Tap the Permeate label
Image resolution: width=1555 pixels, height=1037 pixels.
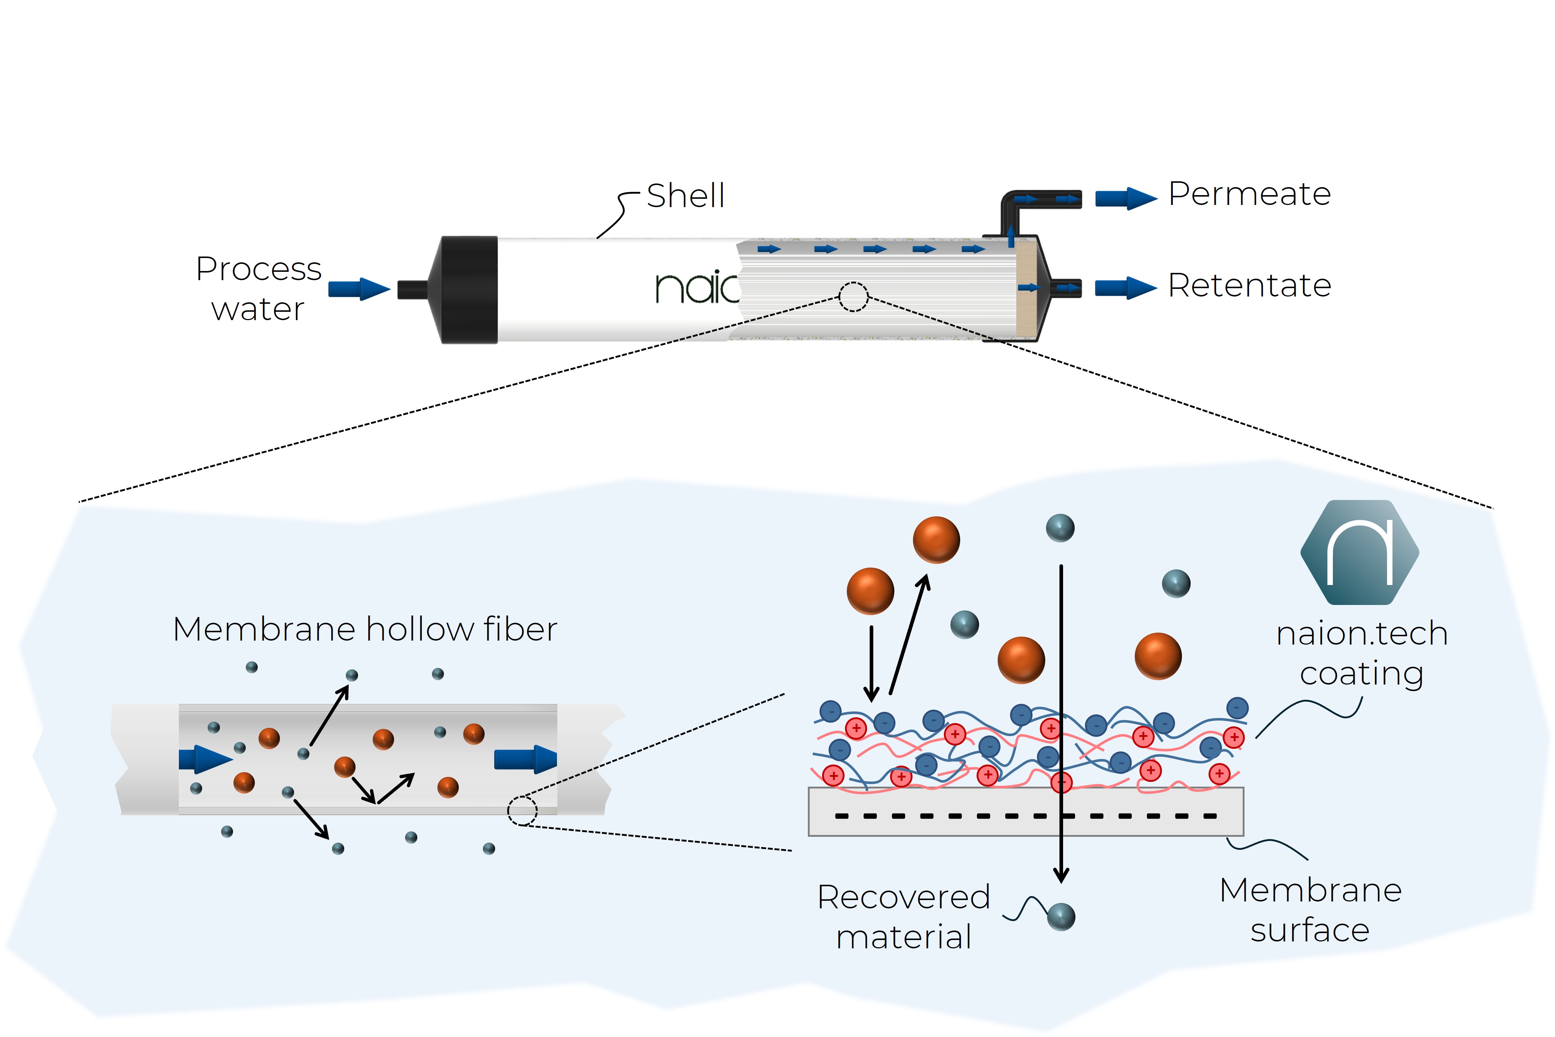coord(1249,194)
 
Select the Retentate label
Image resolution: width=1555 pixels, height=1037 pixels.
coord(1249,286)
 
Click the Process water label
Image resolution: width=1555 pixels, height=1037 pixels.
coord(259,289)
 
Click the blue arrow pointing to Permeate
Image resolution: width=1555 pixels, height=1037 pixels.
coord(1126,198)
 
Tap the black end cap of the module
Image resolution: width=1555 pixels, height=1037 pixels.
coord(469,290)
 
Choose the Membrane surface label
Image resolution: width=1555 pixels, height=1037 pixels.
coord(1310,910)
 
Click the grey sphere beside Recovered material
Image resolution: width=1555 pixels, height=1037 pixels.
coord(1061,917)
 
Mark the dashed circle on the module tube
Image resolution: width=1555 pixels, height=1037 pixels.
coord(854,297)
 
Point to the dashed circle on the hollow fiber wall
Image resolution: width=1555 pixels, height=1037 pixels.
coord(522,811)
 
